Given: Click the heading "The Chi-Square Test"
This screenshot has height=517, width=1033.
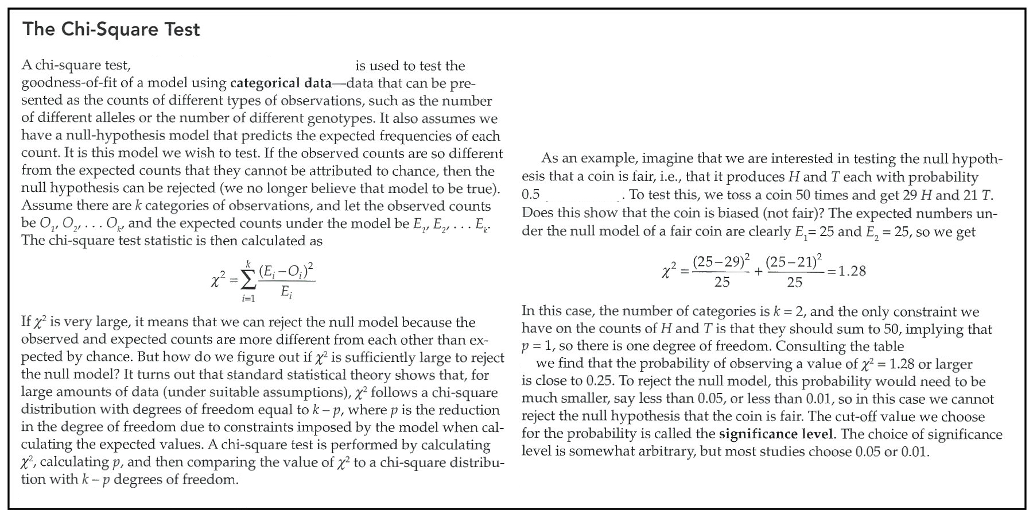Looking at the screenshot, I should (111, 29).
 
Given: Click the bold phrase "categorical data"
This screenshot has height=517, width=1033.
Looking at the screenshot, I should (281, 83).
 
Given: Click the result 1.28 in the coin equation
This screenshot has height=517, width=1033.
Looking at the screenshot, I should (852, 271).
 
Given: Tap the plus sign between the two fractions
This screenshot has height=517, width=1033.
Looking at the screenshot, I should (758, 272).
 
